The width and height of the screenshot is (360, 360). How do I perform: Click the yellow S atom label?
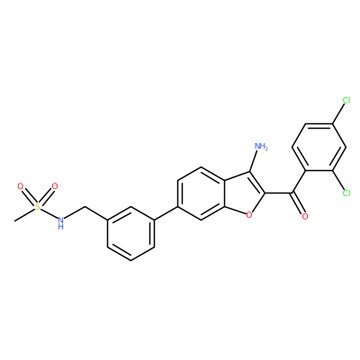(x=37, y=206)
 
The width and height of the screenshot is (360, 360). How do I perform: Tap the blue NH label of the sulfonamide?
(x=60, y=223)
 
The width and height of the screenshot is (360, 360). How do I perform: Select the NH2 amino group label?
(x=261, y=147)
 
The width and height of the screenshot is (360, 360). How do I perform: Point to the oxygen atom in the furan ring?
(x=248, y=215)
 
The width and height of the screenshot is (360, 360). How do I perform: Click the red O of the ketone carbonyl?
(x=305, y=216)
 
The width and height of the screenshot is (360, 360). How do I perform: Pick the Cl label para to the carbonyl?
(x=346, y=100)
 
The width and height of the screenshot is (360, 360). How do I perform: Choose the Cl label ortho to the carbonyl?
(x=346, y=193)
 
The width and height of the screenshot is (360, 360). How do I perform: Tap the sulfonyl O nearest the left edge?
(x=21, y=186)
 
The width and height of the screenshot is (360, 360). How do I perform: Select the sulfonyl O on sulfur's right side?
(x=54, y=186)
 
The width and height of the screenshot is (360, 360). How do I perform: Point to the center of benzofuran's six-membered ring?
(x=202, y=193)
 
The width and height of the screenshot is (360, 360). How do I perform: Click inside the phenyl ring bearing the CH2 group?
(x=131, y=234)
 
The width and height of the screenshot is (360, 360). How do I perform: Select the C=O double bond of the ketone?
(x=299, y=204)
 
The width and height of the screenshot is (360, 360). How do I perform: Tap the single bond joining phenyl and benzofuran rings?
(x=166, y=213)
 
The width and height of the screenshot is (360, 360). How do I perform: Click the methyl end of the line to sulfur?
(x=14, y=221)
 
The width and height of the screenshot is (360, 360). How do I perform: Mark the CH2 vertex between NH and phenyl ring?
(x=85, y=207)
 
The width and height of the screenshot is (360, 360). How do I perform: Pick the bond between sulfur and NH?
(x=49, y=212)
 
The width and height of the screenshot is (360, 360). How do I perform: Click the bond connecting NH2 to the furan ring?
(x=254, y=161)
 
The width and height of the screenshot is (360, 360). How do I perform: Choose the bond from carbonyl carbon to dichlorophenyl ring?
(x=299, y=182)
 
